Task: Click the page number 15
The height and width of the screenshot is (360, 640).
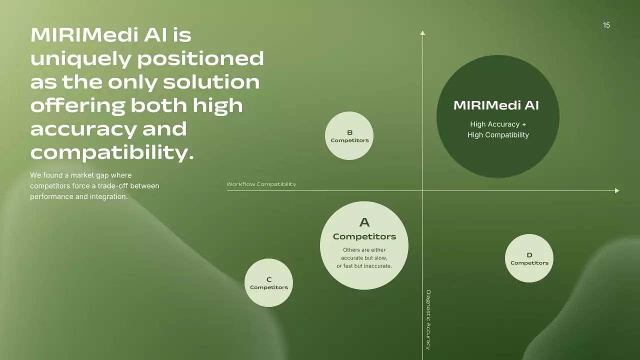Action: [x=606, y=25]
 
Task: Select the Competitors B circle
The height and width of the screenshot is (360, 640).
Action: [x=349, y=136]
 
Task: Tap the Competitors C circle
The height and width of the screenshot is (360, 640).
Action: [x=269, y=283]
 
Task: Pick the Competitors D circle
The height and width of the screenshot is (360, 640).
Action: [x=529, y=258]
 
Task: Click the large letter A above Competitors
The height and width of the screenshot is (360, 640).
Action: [x=364, y=222]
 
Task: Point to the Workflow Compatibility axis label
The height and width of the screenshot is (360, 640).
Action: [x=261, y=184]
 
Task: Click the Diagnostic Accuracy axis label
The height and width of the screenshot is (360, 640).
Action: [x=428, y=320]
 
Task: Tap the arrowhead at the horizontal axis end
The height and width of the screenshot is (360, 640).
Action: [x=617, y=190]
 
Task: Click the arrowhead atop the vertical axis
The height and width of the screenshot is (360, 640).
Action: [x=422, y=33]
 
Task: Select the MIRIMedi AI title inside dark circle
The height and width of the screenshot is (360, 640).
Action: [x=496, y=105]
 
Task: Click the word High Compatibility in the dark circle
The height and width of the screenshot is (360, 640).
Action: [x=498, y=135]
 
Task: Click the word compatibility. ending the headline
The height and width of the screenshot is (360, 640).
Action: [x=112, y=152]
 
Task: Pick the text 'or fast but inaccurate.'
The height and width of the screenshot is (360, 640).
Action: [x=364, y=266]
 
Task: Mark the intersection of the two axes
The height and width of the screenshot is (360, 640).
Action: [x=422, y=190]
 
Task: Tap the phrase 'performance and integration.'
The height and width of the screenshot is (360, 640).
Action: [x=79, y=196]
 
